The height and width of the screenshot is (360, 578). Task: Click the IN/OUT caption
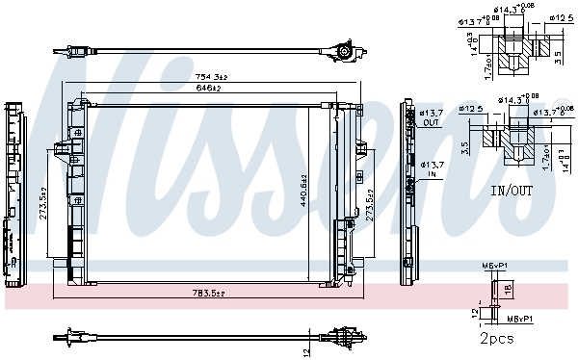(511, 191)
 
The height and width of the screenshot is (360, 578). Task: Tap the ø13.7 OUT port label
(431, 119)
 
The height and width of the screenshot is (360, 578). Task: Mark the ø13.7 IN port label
(431, 170)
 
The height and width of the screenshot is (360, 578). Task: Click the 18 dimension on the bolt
(509, 287)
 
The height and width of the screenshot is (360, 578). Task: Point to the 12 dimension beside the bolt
(475, 311)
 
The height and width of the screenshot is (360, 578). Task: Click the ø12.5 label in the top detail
(561, 17)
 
